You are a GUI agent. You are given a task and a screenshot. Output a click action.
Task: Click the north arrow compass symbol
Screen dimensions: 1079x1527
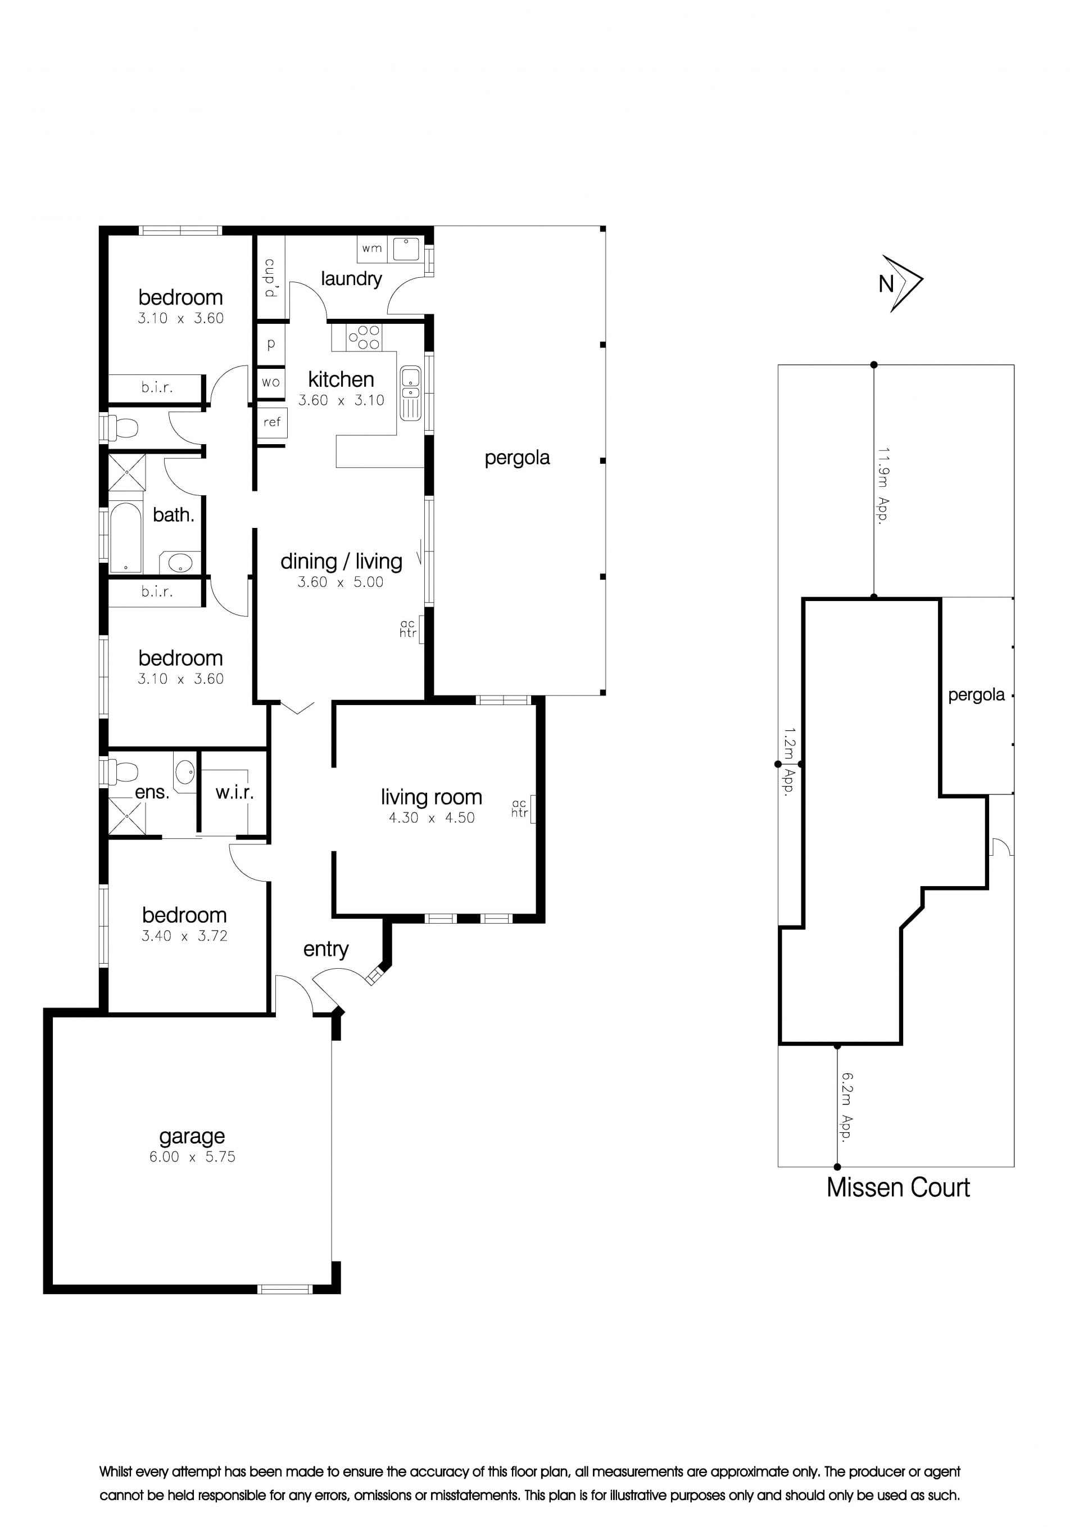(x=908, y=283)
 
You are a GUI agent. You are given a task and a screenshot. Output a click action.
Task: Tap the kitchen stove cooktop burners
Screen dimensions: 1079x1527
(x=364, y=337)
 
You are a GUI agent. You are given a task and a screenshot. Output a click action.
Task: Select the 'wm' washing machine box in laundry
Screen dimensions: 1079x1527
(x=372, y=249)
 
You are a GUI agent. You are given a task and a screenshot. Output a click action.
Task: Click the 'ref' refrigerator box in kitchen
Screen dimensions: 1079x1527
(x=272, y=422)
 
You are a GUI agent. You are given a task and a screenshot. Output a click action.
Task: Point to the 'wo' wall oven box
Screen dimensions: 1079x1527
(x=270, y=382)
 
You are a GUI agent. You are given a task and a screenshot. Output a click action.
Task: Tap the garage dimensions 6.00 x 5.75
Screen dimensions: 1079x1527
(x=192, y=1156)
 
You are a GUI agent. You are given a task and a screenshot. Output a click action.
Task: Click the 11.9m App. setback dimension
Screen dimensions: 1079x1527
(x=883, y=486)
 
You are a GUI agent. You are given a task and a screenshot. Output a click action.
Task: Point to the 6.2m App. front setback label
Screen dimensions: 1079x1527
(x=846, y=1106)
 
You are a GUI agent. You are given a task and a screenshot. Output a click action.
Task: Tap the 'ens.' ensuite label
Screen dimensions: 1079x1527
(x=152, y=792)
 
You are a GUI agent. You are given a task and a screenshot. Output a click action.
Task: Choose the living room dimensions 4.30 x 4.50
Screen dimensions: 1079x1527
(x=432, y=817)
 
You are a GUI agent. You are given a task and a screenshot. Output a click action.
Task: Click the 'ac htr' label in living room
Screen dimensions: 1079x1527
(x=519, y=808)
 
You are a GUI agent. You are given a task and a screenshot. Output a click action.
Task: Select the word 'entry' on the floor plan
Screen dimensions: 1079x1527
(x=326, y=950)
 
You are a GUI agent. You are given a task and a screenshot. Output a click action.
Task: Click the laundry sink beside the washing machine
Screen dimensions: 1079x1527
(x=406, y=249)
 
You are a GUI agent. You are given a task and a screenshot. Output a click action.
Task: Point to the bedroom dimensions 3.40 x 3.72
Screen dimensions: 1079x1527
(x=185, y=936)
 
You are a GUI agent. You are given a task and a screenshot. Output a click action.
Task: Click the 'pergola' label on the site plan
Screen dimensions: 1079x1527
(x=976, y=695)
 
